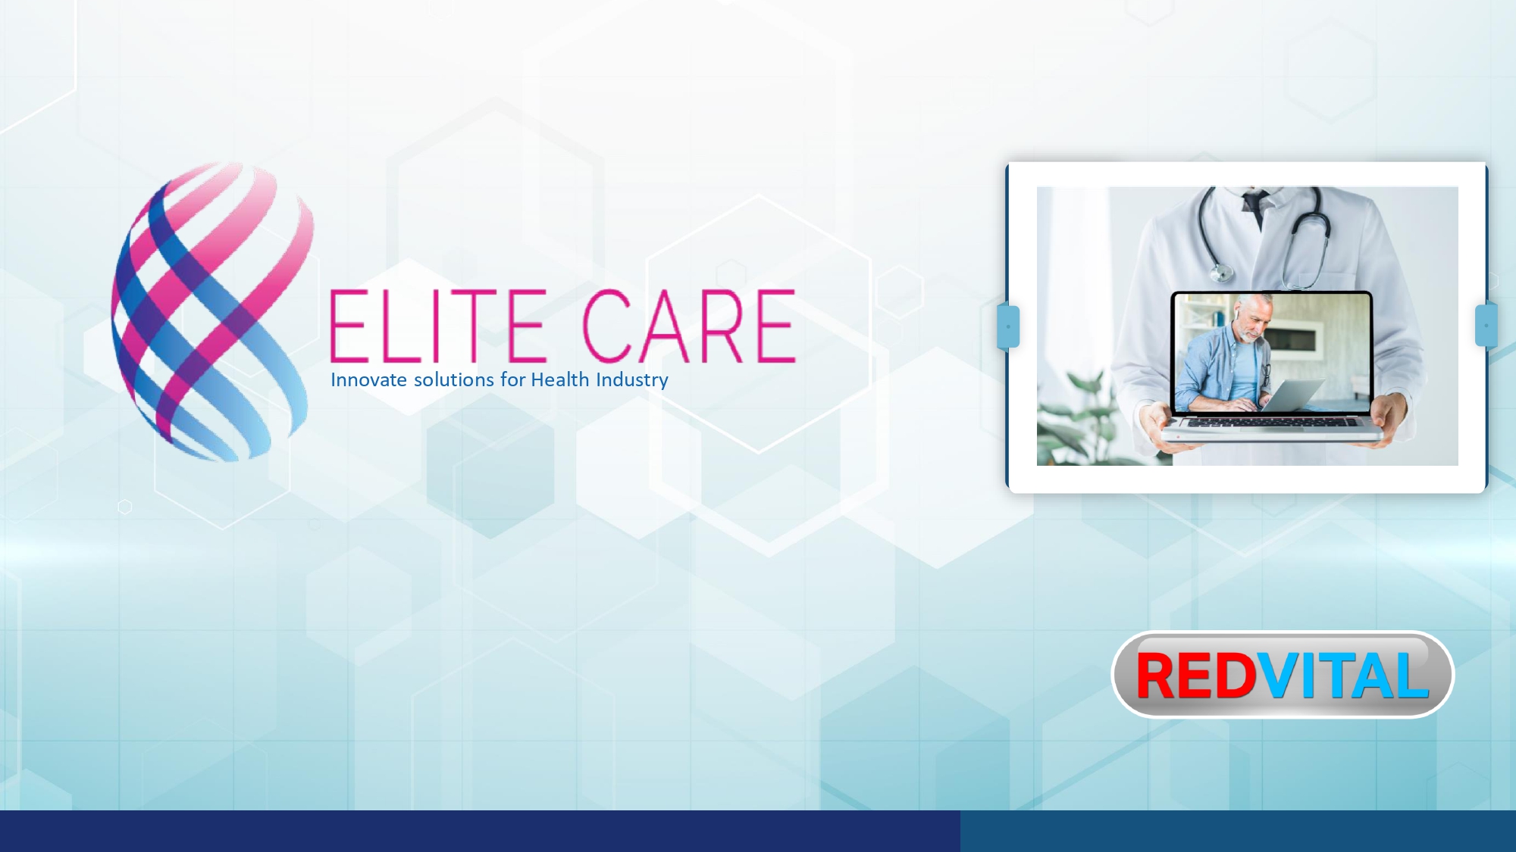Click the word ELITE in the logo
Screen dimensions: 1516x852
[x=438, y=326]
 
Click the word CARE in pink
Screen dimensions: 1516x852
[x=688, y=326]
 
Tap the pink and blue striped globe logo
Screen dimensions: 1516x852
[x=213, y=311]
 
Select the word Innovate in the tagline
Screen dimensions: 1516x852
[x=368, y=379]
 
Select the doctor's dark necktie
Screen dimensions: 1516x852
[x=1255, y=206]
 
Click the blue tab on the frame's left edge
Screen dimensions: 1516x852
[x=1008, y=326]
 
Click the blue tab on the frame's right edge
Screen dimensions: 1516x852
[x=1486, y=325]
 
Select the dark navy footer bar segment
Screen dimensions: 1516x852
[x=480, y=831]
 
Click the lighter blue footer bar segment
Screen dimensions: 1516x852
[x=1238, y=831]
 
